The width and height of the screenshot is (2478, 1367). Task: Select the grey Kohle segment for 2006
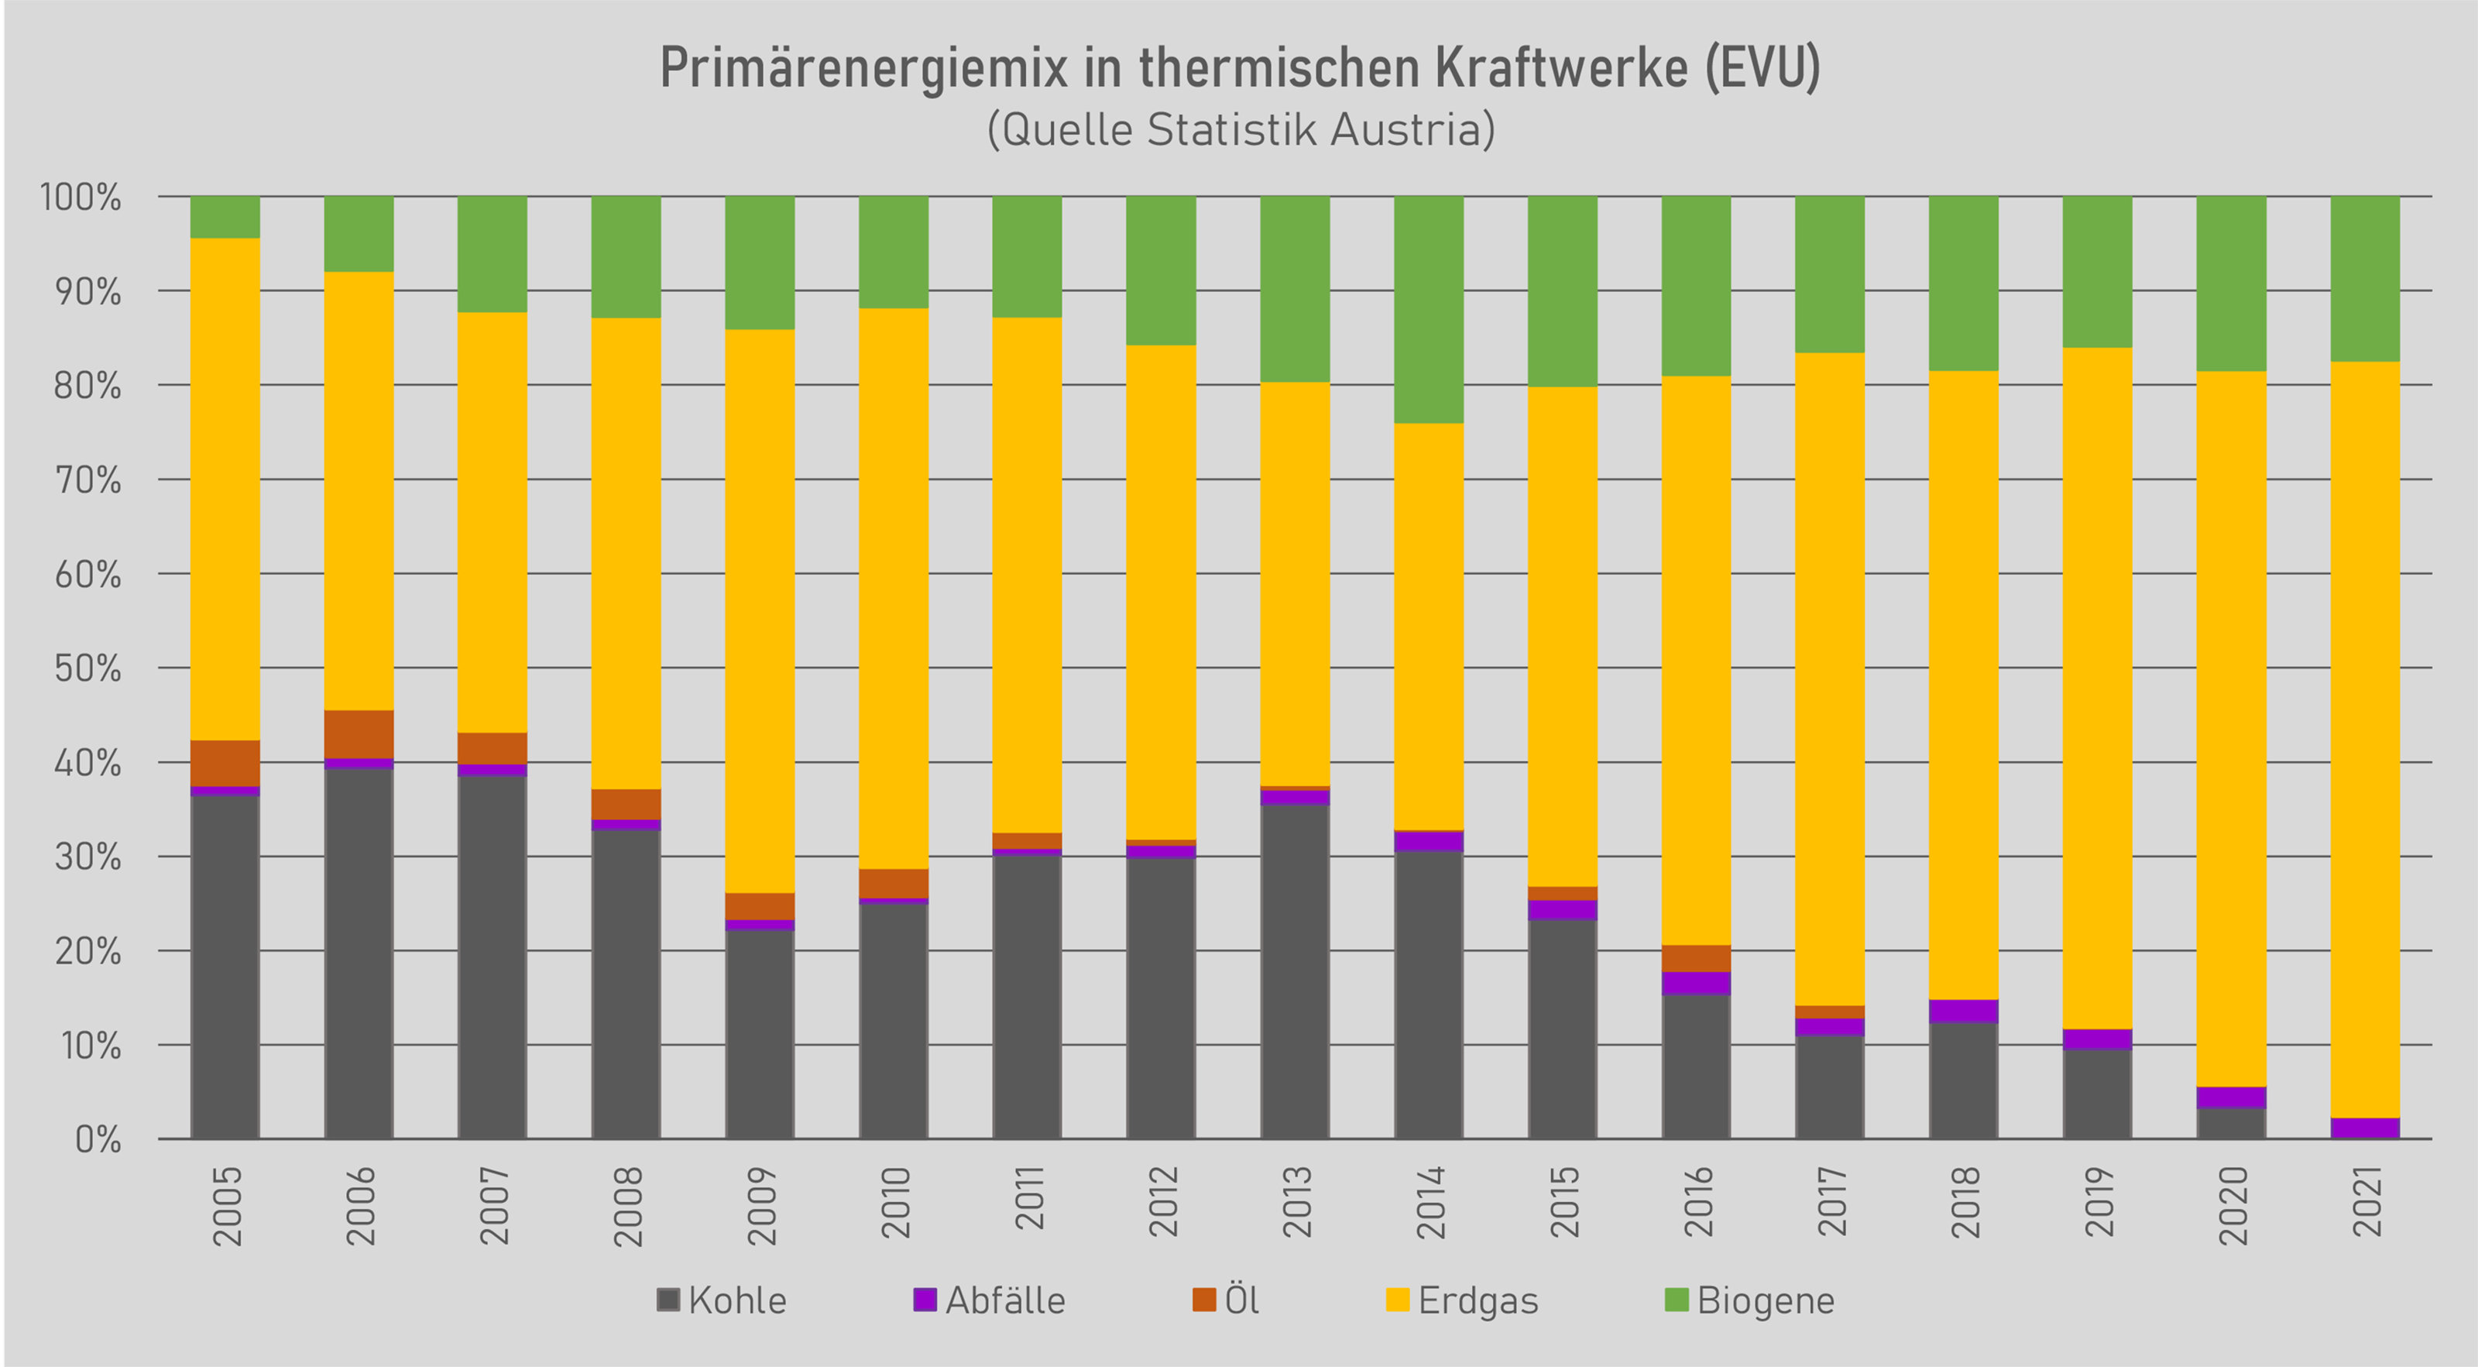pos(358,953)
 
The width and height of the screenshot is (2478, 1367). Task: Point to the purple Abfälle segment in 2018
pos(1963,1011)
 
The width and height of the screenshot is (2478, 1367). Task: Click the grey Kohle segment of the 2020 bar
pos(2231,1124)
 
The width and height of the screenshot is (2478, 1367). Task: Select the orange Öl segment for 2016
pos(1696,958)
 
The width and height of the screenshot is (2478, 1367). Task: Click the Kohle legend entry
pos(722,1300)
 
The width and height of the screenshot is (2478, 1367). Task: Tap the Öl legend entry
pos(1226,1300)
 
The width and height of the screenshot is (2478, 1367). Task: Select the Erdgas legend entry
pos(1462,1300)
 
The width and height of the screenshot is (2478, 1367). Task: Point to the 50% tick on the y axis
pos(88,668)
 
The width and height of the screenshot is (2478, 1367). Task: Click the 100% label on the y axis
pos(80,197)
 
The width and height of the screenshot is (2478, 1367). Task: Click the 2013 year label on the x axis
pos(1297,1203)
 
